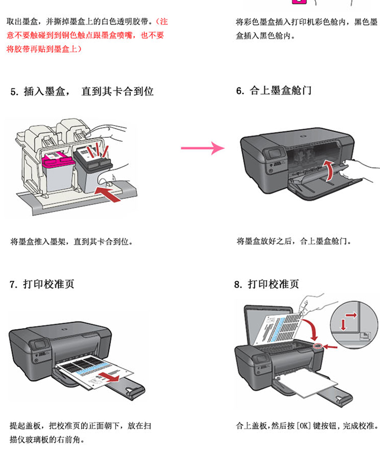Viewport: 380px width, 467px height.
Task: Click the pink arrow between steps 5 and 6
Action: pyautogui.click(x=203, y=148)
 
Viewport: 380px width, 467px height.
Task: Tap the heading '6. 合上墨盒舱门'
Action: pyautogui.click(x=274, y=91)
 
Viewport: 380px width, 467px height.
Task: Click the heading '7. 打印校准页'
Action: pyautogui.click(x=43, y=284)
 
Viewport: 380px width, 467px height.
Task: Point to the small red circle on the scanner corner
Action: pyautogui.click(x=318, y=346)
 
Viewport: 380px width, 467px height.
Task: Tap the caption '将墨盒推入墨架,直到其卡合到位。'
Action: pyautogui.click(x=71, y=241)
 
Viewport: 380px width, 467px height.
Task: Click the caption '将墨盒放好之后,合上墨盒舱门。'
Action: pyautogui.click(x=296, y=241)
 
